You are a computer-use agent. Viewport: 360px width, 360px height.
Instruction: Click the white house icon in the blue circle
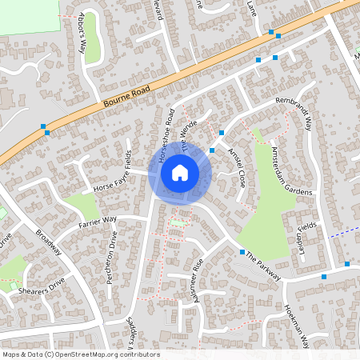(x=180, y=172)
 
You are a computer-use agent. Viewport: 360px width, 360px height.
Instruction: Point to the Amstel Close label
(x=236, y=166)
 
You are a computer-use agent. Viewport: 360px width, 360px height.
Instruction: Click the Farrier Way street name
(x=98, y=221)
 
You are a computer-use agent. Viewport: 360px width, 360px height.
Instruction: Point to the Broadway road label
(x=50, y=241)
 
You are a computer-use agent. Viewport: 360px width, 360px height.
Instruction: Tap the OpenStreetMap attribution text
(x=80, y=354)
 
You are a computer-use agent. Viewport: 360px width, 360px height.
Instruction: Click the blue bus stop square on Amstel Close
(x=212, y=150)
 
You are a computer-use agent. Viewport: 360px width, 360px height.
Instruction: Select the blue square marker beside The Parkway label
(x=242, y=252)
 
